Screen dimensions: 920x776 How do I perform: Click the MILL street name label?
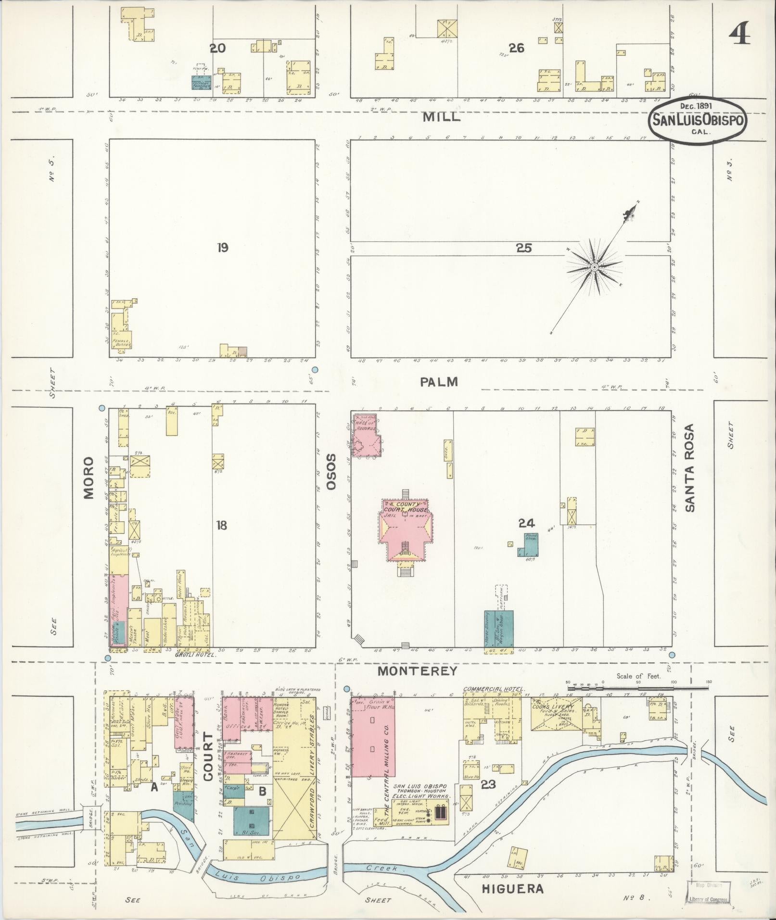441,117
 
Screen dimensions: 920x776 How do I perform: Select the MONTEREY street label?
417,671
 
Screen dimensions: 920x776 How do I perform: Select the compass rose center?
594,267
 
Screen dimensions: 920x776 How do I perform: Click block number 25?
523,248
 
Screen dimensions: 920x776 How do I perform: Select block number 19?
222,248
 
